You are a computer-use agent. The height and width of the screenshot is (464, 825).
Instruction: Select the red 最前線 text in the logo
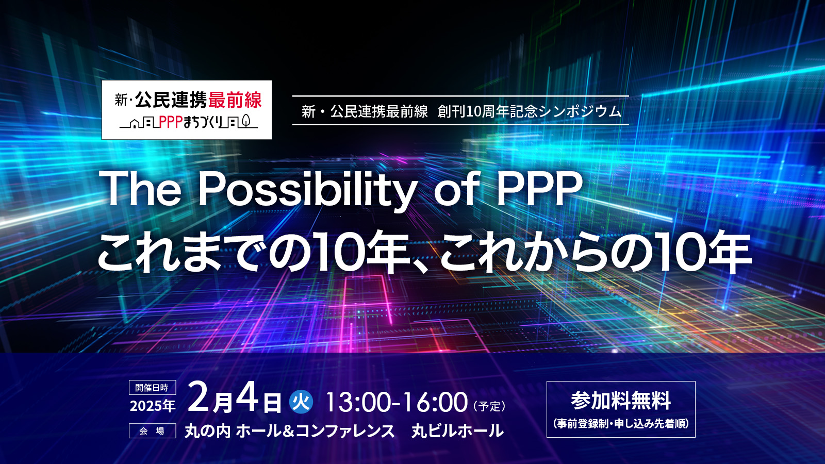point(235,100)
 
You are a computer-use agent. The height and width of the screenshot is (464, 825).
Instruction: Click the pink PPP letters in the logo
point(171,122)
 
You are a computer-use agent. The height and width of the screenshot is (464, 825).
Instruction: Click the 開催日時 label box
point(152,388)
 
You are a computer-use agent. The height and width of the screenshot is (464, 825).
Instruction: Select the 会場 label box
point(152,431)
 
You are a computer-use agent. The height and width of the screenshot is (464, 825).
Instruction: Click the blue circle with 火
point(301,402)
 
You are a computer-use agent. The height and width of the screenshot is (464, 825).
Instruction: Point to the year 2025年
point(153,406)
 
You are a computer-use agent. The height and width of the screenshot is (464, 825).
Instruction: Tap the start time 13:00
point(358,403)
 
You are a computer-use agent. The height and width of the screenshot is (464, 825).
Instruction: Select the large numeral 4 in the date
point(247,398)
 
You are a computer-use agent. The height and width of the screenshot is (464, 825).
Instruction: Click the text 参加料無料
point(621,401)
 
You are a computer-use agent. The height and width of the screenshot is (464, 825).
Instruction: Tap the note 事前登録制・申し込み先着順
point(621,424)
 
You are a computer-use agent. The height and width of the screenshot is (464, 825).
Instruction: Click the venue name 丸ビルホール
point(457,431)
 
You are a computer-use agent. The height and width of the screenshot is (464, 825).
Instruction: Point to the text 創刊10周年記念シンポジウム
point(530,111)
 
